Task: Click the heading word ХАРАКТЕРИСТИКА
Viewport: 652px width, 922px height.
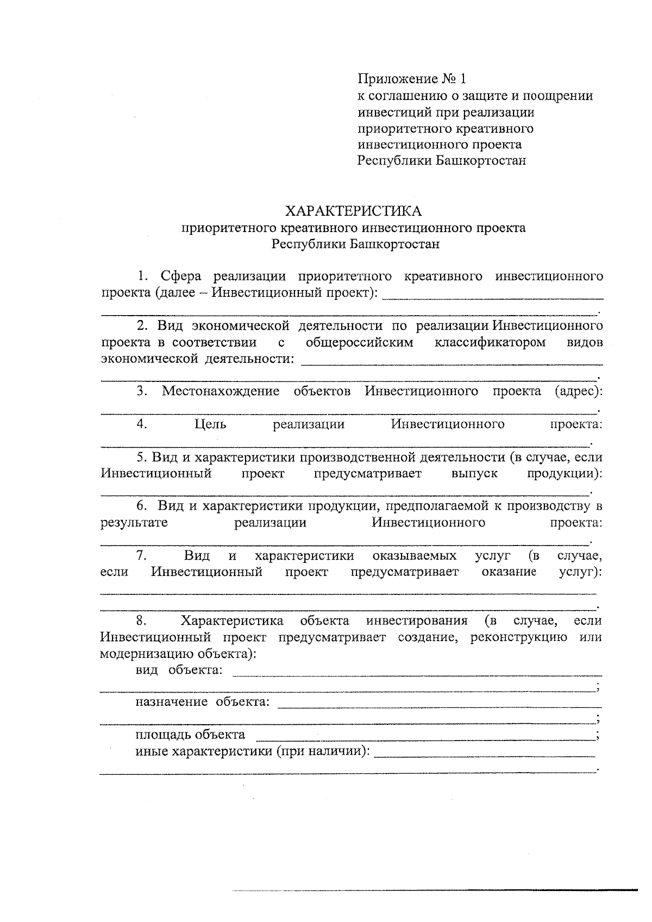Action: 354,210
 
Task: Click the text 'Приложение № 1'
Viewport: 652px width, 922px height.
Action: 411,79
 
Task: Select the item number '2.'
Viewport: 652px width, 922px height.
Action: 142,325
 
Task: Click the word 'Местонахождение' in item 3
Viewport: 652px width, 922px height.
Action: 220,391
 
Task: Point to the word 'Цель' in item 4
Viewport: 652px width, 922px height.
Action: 210,424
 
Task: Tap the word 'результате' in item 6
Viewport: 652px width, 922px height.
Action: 134,523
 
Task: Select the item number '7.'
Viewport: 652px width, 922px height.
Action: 142,555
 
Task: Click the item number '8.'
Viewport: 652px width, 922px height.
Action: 142,620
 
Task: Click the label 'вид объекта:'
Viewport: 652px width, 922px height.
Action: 179,669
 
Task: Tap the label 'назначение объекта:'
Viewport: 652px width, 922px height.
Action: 202,702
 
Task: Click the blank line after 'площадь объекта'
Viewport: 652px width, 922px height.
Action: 424,738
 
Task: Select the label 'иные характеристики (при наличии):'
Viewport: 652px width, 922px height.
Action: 253,751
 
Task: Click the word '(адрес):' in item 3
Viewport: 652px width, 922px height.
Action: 579,391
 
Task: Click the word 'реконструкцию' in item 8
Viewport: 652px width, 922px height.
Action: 519,637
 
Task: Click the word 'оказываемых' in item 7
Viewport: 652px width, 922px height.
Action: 415,555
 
